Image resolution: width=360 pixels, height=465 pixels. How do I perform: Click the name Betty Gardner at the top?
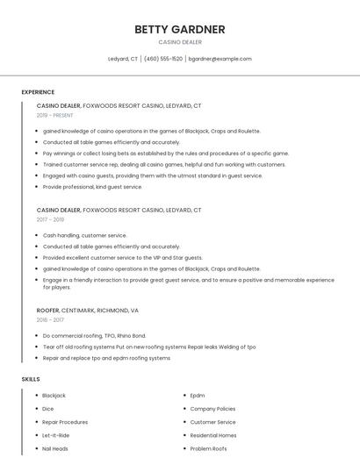[x=179, y=29]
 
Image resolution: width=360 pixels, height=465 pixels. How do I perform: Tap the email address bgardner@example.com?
[x=220, y=59]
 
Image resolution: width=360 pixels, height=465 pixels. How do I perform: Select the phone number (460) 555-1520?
[x=163, y=59]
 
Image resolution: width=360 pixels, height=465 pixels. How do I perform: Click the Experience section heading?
[x=38, y=92]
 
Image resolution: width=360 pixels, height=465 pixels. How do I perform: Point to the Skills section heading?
[x=31, y=379]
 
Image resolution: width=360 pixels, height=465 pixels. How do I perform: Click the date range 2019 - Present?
[x=54, y=115]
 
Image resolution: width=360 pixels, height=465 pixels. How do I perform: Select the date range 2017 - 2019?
[x=50, y=219]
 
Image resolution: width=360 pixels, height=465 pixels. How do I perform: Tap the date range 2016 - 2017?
[x=50, y=320]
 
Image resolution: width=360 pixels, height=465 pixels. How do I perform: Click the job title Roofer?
[x=47, y=311]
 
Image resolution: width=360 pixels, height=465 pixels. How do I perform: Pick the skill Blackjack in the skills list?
[x=54, y=396]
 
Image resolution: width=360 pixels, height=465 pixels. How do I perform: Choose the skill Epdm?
[x=198, y=396]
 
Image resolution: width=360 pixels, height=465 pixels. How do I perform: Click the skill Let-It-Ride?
[x=55, y=435]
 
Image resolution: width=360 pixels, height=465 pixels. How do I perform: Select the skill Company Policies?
[x=212, y=409]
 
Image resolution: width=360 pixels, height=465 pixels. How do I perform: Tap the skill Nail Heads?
[x=54, y=448]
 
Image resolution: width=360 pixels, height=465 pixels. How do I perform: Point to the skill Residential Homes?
[x=213, y=435]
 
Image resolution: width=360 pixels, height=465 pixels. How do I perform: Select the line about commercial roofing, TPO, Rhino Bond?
[x=94, y=335]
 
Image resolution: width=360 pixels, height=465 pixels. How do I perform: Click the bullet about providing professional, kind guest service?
[x=92, y=187]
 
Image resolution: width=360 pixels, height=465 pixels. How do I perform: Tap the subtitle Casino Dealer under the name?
[x=179, y=42]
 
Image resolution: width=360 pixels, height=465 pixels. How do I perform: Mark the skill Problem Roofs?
[x=208, y=448]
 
